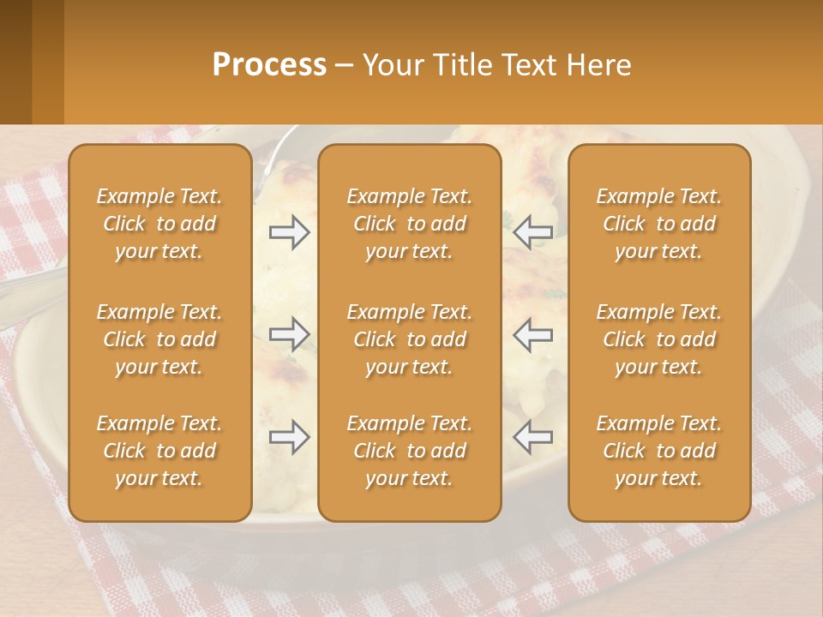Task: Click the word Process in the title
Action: [x=269, y=65]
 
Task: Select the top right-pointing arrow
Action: [x=289, y=232]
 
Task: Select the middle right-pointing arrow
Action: [x=289, y=333]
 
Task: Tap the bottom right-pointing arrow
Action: [x=289, y=437]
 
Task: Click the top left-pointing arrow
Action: [x=532, y=232]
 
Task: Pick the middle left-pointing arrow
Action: [x=532, y=333]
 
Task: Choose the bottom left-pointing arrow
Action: [x=532, y=437]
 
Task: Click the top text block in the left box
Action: [x=159, y=224]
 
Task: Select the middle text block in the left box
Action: [x=159, y=339]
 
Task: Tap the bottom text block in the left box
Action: [x=159, y=451]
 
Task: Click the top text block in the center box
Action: [x=409, y=224]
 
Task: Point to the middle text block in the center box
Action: [x=409, y=339]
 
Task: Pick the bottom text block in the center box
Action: [x=409, y=451]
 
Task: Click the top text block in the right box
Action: [x=658, y=224]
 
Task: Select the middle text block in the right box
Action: [x=658, y=339]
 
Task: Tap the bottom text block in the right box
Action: [x=658, y=451]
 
